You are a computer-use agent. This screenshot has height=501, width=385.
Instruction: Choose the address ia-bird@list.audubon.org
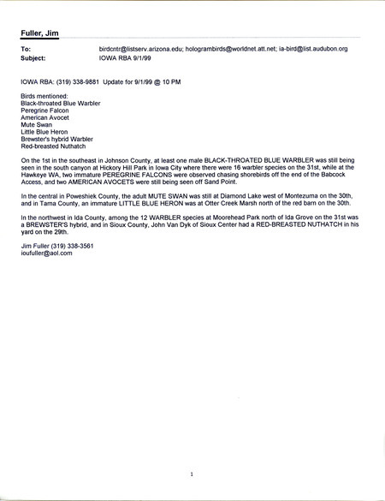click(321, 50)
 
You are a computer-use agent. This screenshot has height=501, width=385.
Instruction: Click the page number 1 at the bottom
click(192, 473)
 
